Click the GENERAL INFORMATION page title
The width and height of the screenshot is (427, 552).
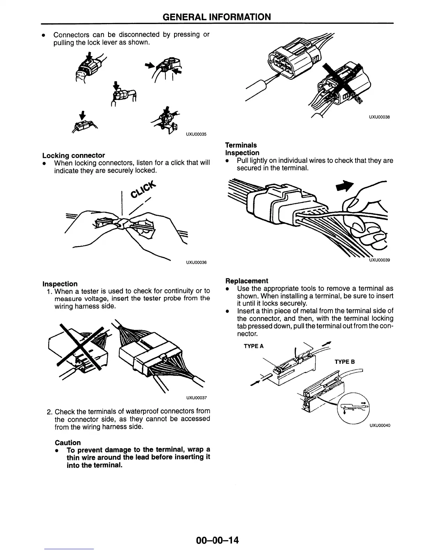point(217,17)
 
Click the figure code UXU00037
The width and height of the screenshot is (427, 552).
point(196,398)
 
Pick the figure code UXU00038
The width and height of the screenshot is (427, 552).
point(379,117)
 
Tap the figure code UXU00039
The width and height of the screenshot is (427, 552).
point(379,260)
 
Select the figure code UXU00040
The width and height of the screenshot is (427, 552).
point(380,425)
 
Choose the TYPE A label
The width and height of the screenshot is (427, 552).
point(254,346)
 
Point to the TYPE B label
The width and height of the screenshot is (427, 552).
point(345,362)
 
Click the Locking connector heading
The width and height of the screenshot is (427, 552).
point(74,155)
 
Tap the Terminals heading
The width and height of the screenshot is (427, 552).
point(241,145)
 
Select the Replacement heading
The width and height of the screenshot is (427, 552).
point(247,281)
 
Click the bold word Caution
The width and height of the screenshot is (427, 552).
point(68,443)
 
